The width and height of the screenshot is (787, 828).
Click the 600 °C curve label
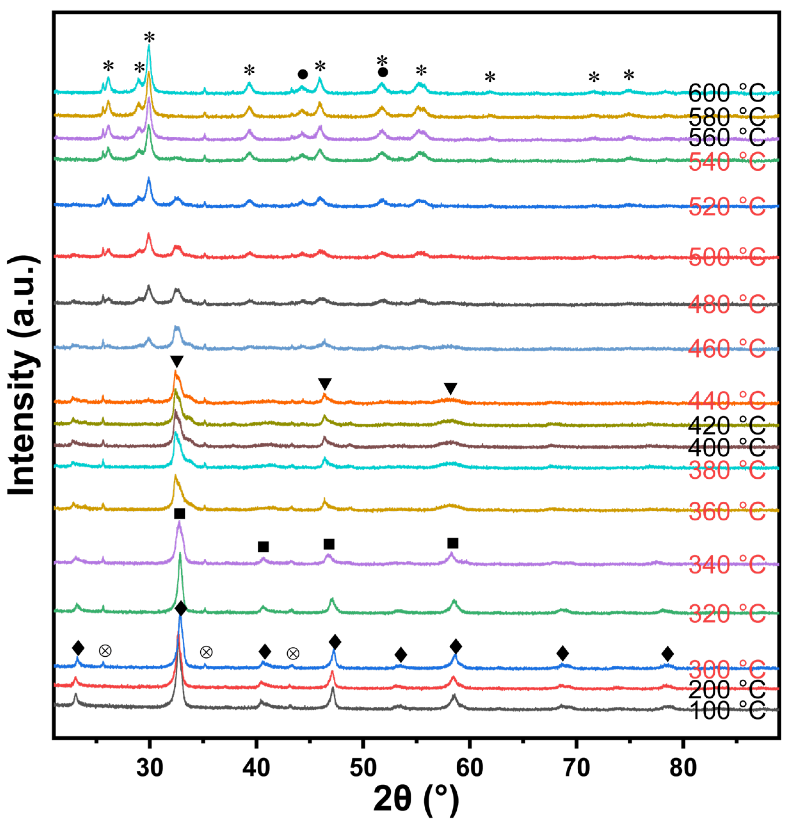pyautogui.click(x=727, y=93)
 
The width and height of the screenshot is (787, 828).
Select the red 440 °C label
pyautogui.click(x=727, y=401)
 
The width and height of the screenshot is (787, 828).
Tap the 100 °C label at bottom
pyautogui.click(x=727, y=710)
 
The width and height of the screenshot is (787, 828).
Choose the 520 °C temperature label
pyautogui.click(x=727, y=207)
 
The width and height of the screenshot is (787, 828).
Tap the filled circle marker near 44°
pyautogui.click(x=302, y=74)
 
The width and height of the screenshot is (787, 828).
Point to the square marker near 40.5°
pyautogui.click(x=263, y=547)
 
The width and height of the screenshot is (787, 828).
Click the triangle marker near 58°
pyautogui.click(x=450, y=388)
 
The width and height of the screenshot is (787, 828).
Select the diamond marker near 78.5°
pyautogui.click(x=667, y=653)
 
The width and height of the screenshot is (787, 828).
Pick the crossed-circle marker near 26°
pyautogui.click(x=105, y=651)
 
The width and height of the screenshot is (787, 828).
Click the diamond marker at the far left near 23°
pyautogui.click(x=78, y=647)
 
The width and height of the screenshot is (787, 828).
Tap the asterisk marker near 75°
pyautogui.click(x=629, y=76)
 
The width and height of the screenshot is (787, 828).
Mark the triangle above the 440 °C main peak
pyautogui.click(x=177, y=361)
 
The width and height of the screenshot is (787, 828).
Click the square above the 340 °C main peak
pyautogui.click(x=179, y=514)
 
